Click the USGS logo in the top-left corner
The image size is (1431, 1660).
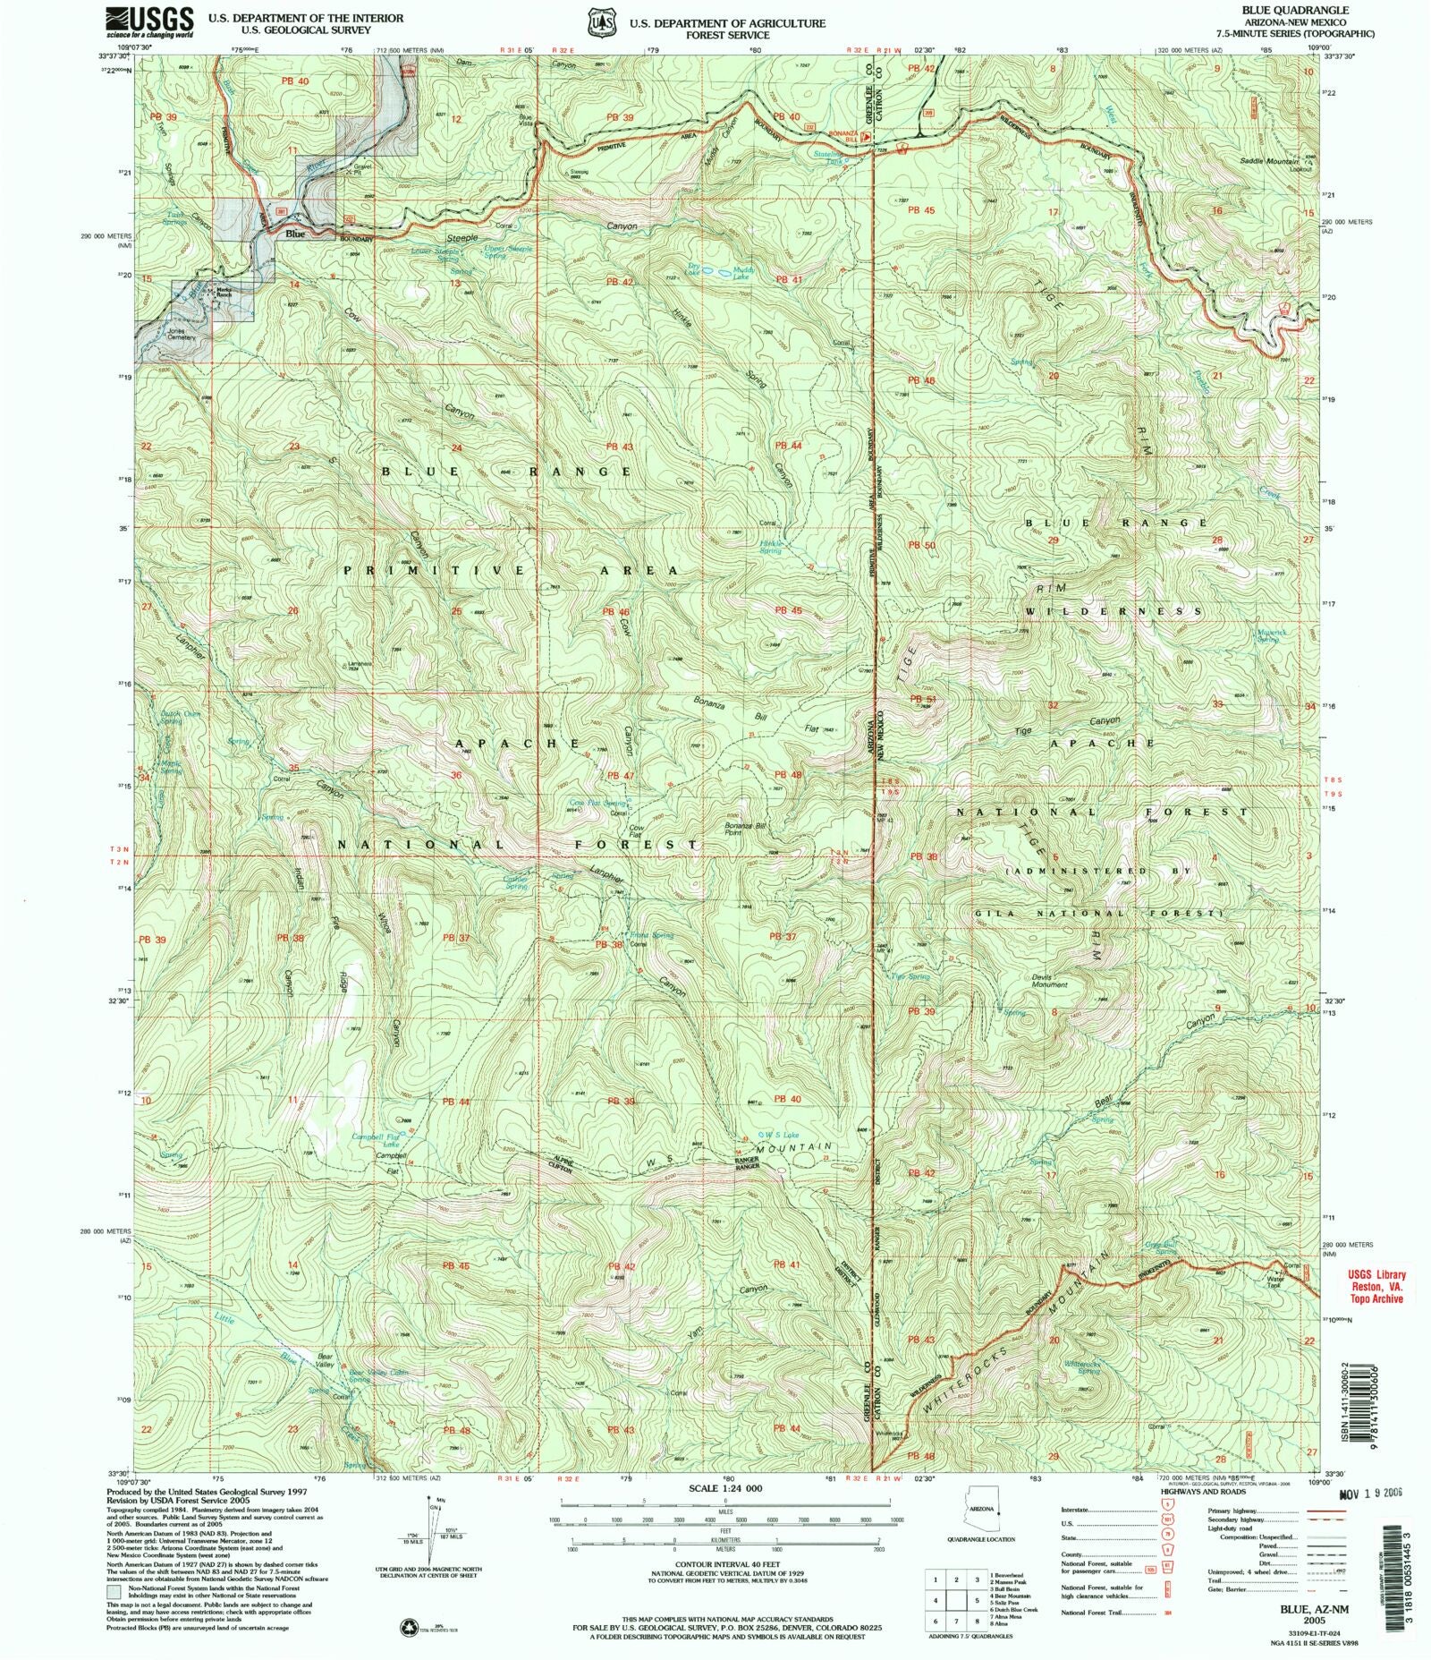149,21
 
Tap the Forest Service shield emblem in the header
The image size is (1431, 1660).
598,21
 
